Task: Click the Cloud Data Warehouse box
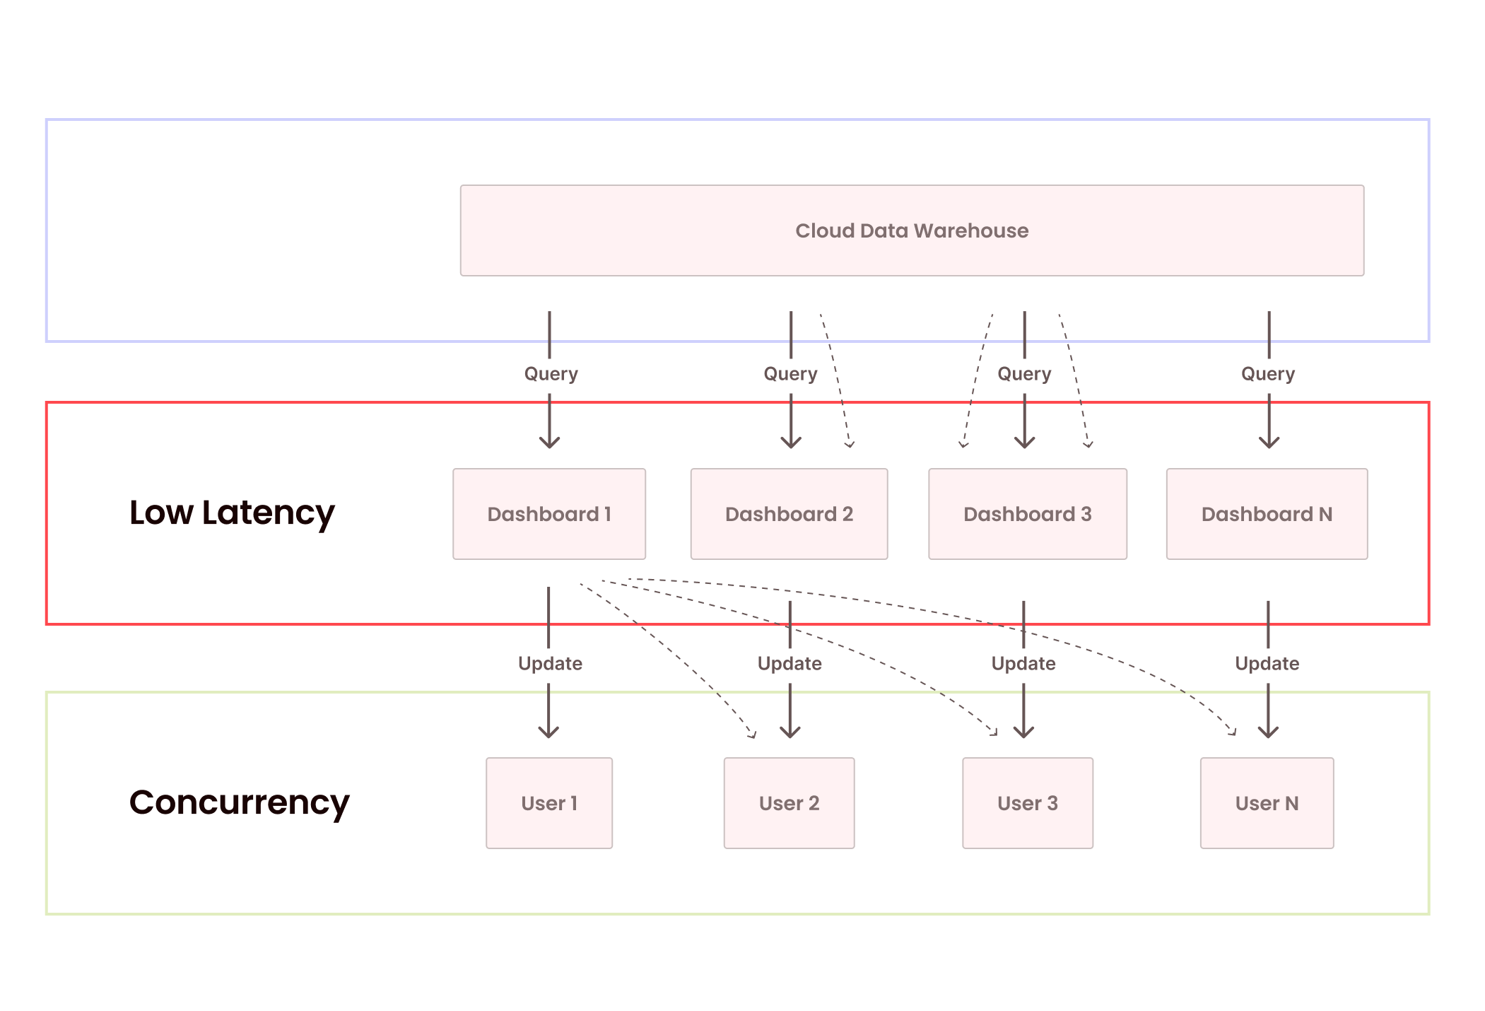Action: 912,230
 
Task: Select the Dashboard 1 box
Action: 549,514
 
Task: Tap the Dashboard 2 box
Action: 789,514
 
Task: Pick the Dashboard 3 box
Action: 1027,514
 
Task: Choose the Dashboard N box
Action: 1267,514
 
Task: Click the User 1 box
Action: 549,803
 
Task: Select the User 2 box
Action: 789,803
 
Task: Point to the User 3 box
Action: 1027,803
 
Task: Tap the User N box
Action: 1267,803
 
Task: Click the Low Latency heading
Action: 232,513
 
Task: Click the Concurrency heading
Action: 239,802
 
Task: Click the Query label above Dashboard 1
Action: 551,373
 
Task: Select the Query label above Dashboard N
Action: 1268,373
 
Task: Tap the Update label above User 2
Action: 790,663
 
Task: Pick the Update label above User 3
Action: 1023,663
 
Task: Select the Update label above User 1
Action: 550,663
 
